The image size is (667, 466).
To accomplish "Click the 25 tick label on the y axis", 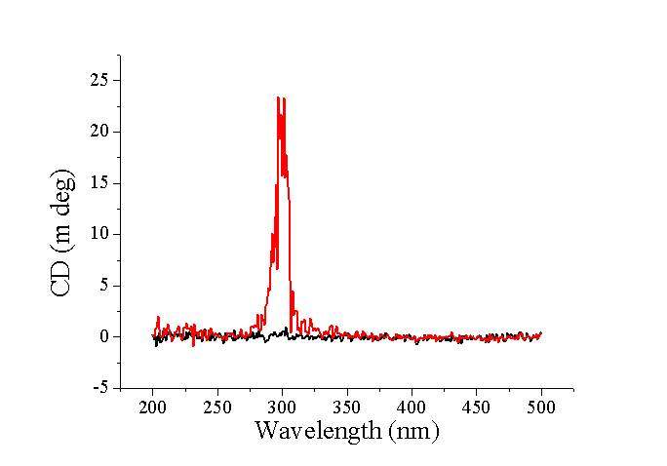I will [99, 80].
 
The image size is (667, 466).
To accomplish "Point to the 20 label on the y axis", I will [99, 132].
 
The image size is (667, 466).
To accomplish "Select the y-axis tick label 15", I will [99, 182].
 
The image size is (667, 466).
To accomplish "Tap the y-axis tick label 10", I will [99, 234].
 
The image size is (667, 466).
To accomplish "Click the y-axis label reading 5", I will [103, 286].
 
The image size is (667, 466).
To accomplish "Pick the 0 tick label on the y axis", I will [103, 336].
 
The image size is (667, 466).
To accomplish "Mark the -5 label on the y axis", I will [100, 388].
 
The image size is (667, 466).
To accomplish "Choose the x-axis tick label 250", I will [217, 407].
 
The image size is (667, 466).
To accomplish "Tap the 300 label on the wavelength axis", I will [282, 407].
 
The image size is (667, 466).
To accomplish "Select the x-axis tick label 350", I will [347, 407].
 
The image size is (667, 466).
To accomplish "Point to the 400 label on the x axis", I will [412, 407].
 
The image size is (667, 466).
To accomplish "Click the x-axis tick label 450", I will [476, 407].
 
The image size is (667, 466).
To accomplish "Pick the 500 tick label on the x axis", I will [540, 407].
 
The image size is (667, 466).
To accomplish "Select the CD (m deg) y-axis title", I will [60, 232].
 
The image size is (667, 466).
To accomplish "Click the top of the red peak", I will [279, 97].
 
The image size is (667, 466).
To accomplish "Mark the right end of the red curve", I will [541, 333].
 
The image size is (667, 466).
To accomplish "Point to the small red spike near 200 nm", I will [158, 317].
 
